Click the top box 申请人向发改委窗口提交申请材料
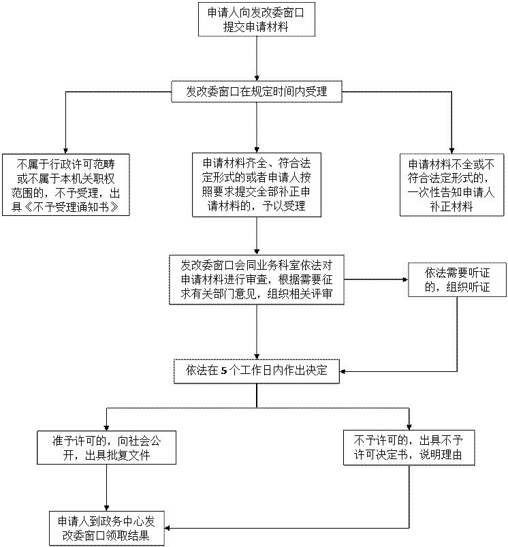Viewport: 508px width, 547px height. [257, 19]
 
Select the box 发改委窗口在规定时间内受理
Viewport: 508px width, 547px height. [257, 92]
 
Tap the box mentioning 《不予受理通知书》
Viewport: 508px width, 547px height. [66, 185]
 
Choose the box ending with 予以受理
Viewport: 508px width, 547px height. [257, 185]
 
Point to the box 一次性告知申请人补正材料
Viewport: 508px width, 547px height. [452, 185]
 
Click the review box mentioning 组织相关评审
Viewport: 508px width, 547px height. [257, 280]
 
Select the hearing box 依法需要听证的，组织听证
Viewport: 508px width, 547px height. [457, 280]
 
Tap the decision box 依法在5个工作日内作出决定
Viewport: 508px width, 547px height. [257, 371]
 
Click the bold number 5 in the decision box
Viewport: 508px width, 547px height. [224, 371]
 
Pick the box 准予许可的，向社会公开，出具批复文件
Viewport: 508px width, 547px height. [107, 448]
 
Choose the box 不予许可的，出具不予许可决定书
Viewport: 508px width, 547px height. [409, 448]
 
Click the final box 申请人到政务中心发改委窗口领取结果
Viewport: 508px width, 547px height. [107, 529]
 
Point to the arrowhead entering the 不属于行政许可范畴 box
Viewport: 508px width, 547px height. [66, 151]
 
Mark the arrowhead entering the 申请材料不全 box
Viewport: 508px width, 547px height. [452, 151]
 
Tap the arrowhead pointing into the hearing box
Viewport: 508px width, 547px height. [405, 279]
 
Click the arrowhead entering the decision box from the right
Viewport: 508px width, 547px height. [343, 371]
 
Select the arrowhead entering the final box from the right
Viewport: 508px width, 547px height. [168, 528]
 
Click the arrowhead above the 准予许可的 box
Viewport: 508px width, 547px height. [107, 428]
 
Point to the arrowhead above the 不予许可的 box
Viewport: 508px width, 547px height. [409, 427]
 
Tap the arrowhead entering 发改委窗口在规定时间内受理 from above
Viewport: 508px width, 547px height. [257, 78]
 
